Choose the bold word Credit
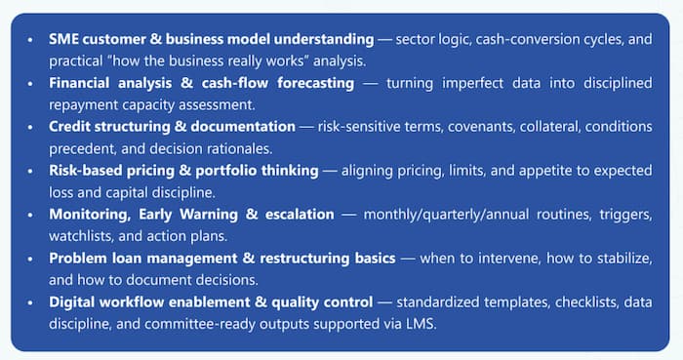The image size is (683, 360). point(73,126)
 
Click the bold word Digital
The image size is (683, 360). point(75,301)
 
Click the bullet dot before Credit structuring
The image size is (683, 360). point(31,126)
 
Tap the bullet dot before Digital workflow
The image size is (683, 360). point(31,301)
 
